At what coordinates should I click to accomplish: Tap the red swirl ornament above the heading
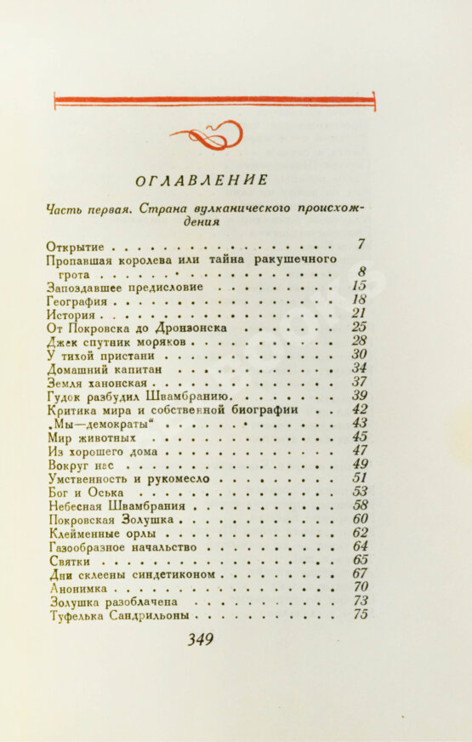click(x=207, y=134)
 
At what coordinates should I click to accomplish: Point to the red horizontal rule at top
click(x=213, y=101)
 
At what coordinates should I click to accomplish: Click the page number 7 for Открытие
click(x=361, y=244)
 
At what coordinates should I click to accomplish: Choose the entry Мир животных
click(x=92, y=437)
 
